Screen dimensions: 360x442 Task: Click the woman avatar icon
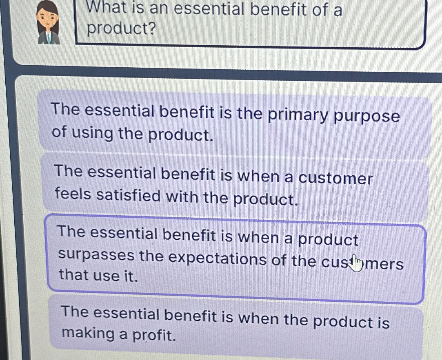(49, 22)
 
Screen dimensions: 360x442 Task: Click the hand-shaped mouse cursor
(356, 263)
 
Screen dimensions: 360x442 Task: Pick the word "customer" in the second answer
(335, 179)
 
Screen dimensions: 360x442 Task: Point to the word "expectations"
(217, 259)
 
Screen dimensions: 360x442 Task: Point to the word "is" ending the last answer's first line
(382, 322)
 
